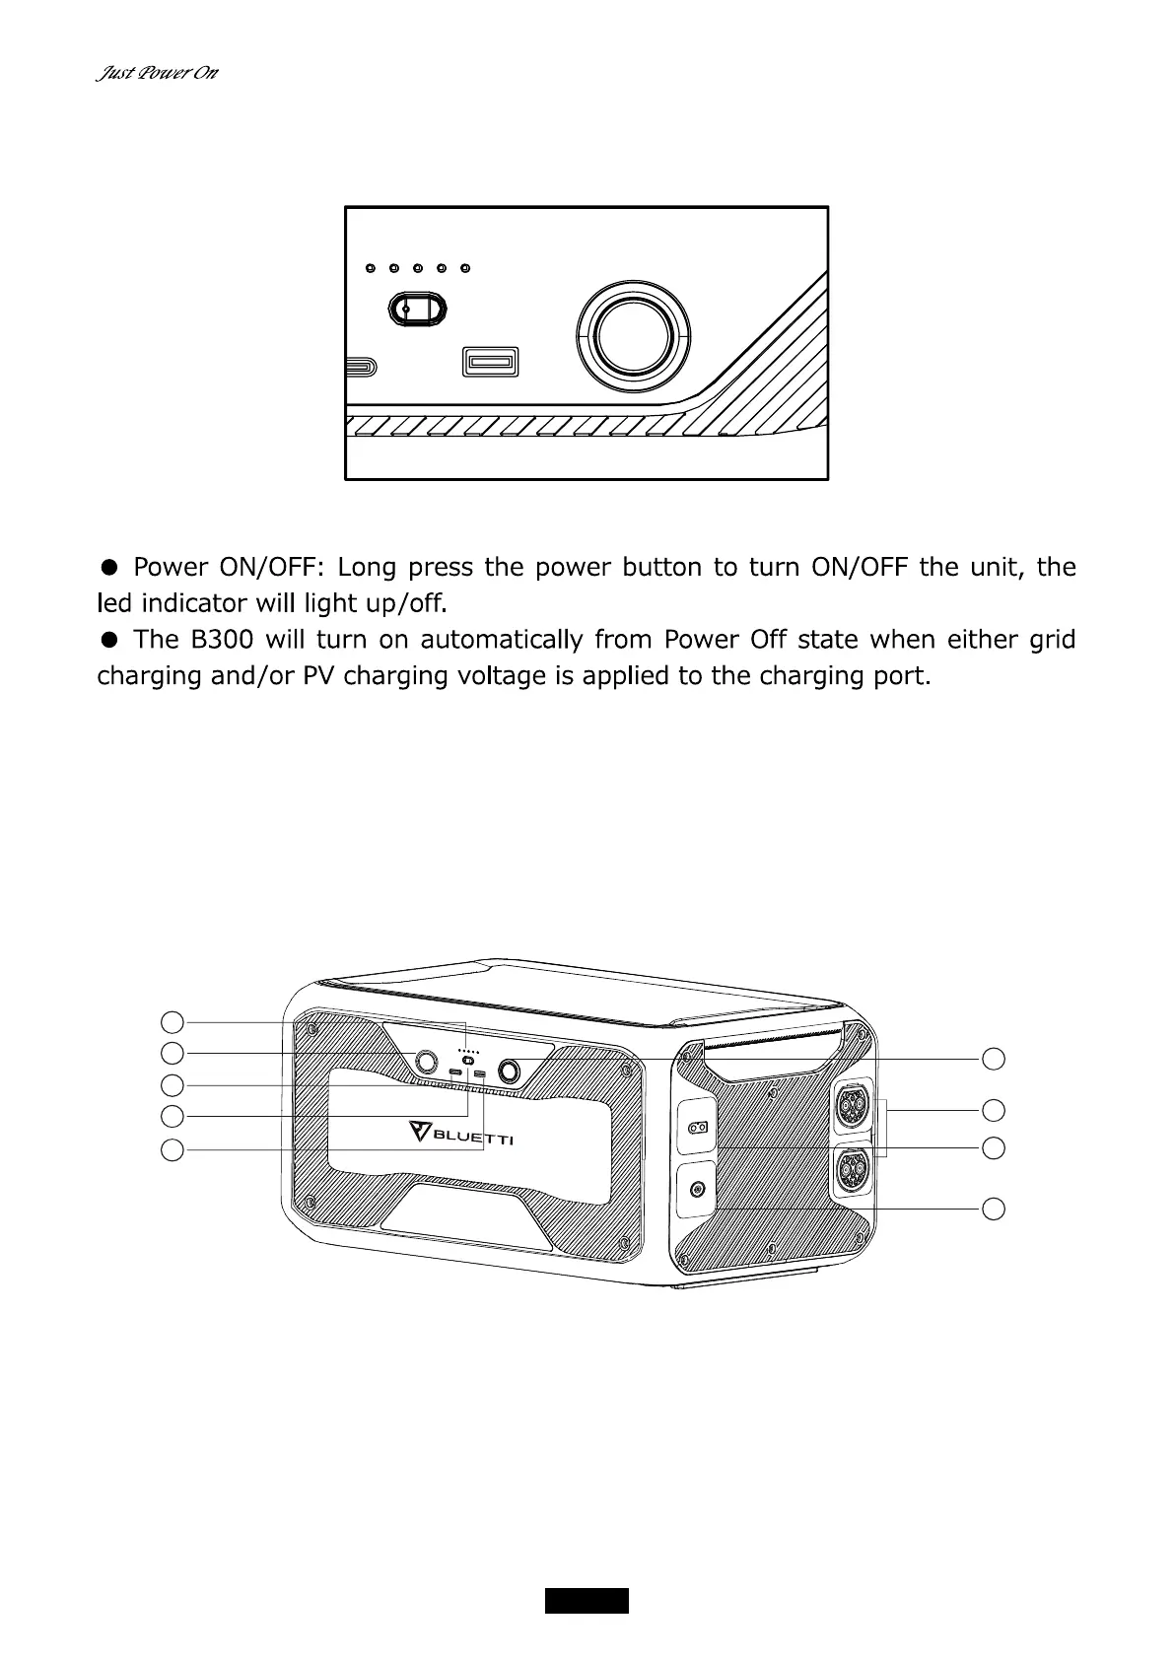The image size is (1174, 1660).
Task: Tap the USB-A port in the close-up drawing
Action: (x=490, y=363)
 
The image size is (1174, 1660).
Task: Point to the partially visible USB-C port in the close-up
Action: (x=359, y=367)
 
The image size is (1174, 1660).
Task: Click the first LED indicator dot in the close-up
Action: (x=370, y=268)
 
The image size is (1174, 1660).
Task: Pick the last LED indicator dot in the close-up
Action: (x=465, y=268)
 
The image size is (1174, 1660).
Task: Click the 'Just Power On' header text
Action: (x=157, y=74)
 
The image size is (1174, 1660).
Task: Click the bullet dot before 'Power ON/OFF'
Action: (x=110, y=567)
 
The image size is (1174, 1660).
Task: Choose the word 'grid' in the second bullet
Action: (x=1051, y=640)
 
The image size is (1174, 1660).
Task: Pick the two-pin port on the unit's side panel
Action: (x=698, y=1128)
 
